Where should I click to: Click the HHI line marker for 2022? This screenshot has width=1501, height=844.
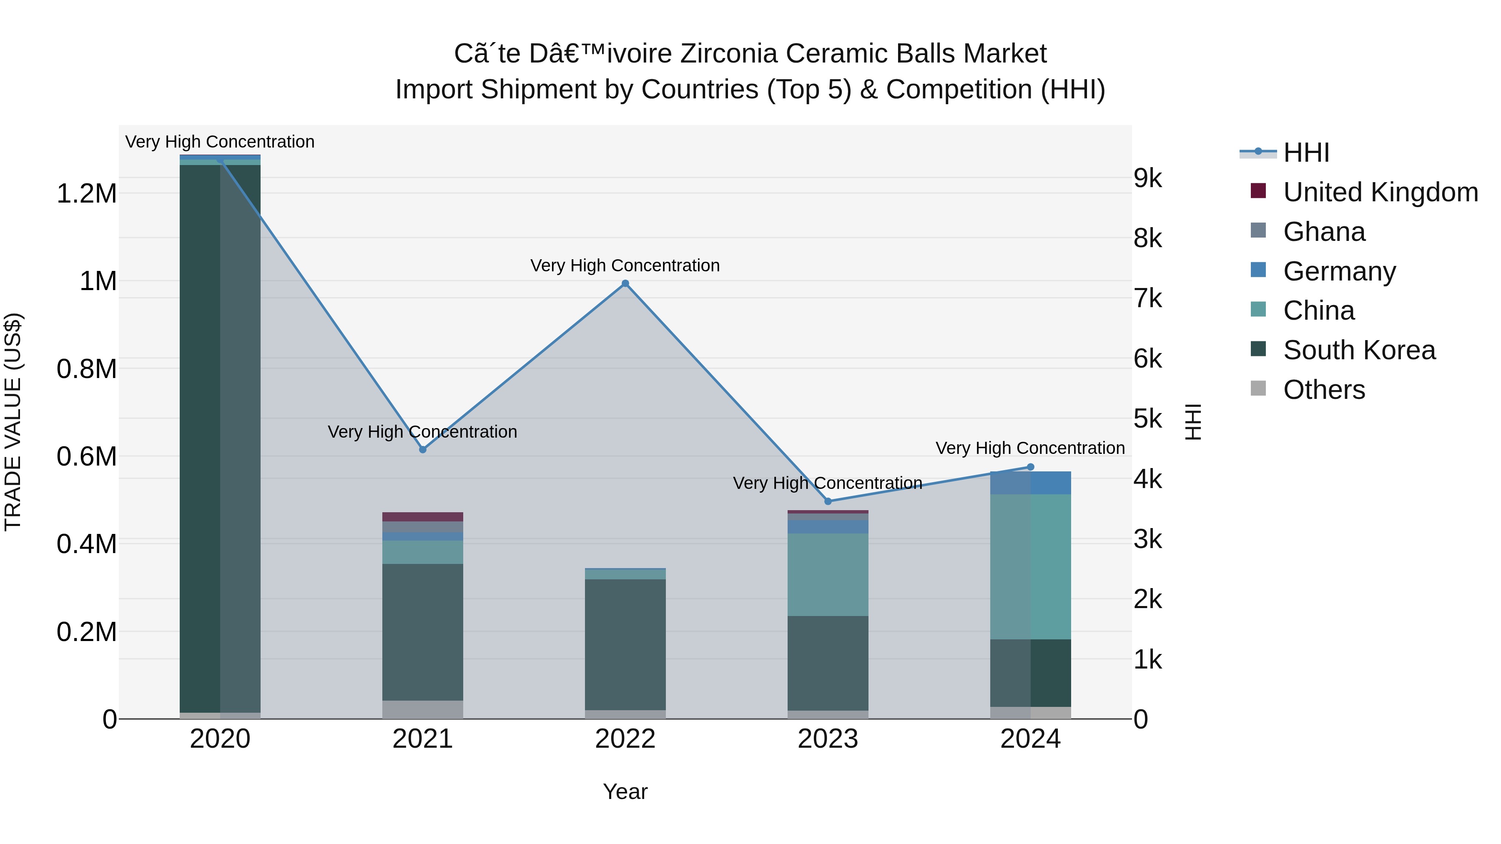pos(625,284)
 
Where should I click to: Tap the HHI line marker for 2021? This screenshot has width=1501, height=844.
pos(423,450)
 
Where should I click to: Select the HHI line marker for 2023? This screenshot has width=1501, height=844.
pos(828,501)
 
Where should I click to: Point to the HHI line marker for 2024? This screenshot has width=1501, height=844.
pos(1030,466)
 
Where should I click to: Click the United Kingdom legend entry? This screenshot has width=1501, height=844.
pos(1380,192)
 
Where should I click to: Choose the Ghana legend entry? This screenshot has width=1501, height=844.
pos(1324,232)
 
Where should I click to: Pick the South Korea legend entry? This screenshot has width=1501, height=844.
pos(1359,350)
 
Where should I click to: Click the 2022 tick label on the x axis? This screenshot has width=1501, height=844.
pos(625,739)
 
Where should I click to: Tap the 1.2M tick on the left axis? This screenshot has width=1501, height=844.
pos(87,193)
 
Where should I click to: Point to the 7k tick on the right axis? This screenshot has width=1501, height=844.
pos(1147,298)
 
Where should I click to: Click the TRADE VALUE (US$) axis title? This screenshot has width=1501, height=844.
pos(13,422)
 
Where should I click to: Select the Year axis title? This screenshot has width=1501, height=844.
pos(625,791)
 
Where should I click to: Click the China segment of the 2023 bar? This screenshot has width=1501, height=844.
pos(828,574)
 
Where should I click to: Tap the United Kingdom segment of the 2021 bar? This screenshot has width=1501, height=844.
pos(423,517)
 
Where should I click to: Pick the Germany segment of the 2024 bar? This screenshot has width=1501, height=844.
pos(1030,483)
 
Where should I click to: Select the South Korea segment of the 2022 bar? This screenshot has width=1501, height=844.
pos(625,644)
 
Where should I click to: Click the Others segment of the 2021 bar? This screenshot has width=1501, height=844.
pos(423,709)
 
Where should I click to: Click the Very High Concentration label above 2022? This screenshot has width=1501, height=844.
pos(625,265)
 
